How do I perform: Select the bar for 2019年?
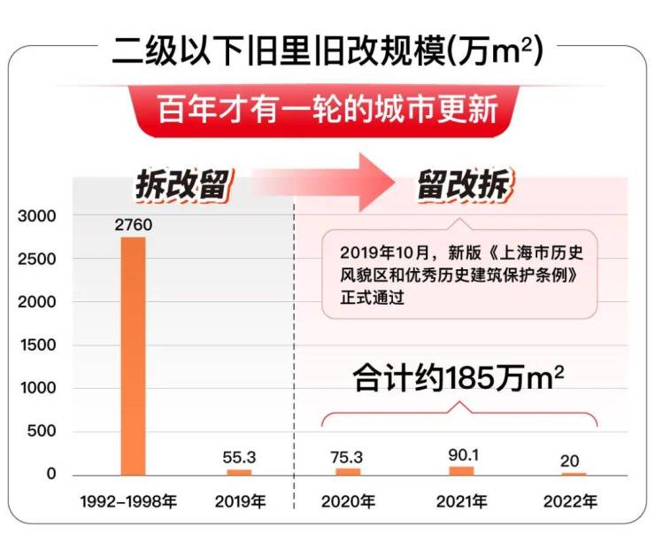(239, 471)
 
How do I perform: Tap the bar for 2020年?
(348, 470)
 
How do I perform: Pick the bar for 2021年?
(461, 469)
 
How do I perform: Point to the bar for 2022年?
(574, 474)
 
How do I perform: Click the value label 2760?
(133, 225)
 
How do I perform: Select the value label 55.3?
(239, 457)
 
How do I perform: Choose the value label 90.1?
(461, 454)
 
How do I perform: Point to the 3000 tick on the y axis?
(37, 215)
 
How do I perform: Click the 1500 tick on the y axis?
(37, 345)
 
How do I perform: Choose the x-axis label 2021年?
(461, 501)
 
